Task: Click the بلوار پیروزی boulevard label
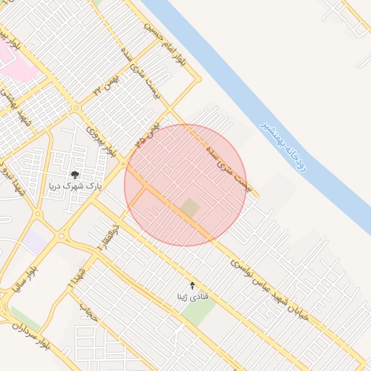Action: [101, 140]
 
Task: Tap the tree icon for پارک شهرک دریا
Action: [75, 174]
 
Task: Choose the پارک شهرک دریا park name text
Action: [75, 186]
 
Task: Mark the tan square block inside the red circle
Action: [190, 208]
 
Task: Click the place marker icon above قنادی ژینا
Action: [192, 285]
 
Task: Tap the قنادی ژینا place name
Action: [192, 296]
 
